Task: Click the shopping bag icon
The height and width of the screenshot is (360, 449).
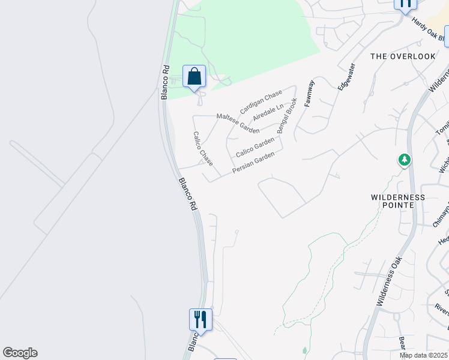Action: click(194, 77)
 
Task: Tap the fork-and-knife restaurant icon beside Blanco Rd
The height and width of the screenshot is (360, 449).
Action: click(200, 319)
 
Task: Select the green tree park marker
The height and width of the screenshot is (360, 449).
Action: click(405, 160)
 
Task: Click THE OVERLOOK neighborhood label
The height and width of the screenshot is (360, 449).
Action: click(403, 56)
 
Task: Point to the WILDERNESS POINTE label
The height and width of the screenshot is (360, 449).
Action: click(397, 201)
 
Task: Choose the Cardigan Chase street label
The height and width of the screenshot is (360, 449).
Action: click(261, 102)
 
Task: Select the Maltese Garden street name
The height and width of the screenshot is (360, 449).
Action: click(238, 124)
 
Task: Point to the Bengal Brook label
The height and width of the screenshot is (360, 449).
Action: click(287, 116)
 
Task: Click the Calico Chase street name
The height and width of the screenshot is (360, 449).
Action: click(203, 149)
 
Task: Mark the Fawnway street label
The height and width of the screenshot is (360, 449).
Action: click(309, 94)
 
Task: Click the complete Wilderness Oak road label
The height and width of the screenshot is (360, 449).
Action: click(389, 279)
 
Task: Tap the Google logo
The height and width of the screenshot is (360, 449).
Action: click(20, 353)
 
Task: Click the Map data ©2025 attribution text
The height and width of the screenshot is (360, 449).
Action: click(424, 355)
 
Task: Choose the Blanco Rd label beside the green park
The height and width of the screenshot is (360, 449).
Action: click(165, 83)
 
